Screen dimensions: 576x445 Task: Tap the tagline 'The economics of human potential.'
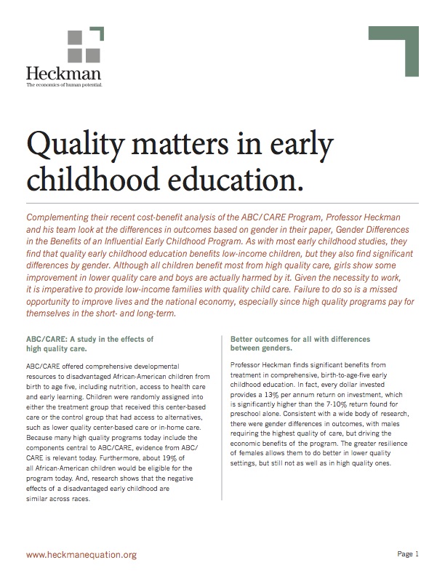point(64,85)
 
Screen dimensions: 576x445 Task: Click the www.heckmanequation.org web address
point(81,555)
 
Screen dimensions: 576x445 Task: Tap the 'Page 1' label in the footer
point(408,555)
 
